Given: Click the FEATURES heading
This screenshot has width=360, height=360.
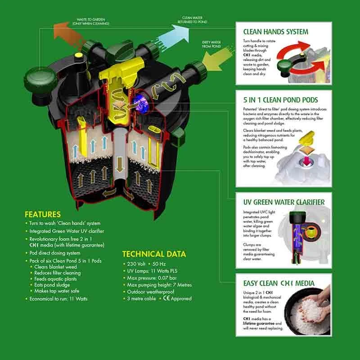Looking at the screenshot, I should (43, 214).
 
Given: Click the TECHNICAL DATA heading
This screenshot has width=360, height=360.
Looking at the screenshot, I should (154, 254).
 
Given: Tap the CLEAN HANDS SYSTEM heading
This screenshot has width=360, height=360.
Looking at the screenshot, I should (275, 32).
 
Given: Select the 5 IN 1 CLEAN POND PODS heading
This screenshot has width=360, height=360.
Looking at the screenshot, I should (280, 100).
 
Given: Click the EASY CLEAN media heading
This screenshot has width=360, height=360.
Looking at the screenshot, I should (279, 283).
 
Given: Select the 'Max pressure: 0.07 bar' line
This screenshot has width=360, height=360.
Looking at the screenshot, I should (148, 279).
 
